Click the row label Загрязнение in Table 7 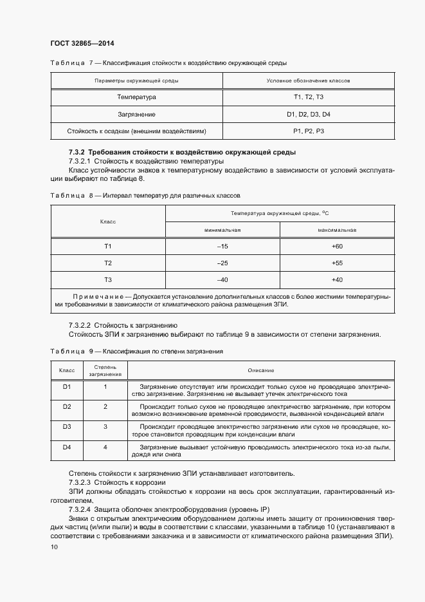tap(136, 114)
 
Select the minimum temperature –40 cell tap(222, 279)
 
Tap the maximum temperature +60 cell tap(337, 247)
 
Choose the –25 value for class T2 tap(222, 263)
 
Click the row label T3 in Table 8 tap(108, 279)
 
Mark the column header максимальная tap(337, 230)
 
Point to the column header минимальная tap(222, 230)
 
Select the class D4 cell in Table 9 tap(66, 447)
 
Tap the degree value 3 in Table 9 tap(105, 426)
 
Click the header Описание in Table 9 tap(261, 370)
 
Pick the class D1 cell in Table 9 tap(66, 386)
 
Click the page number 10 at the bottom tap(54, 547)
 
